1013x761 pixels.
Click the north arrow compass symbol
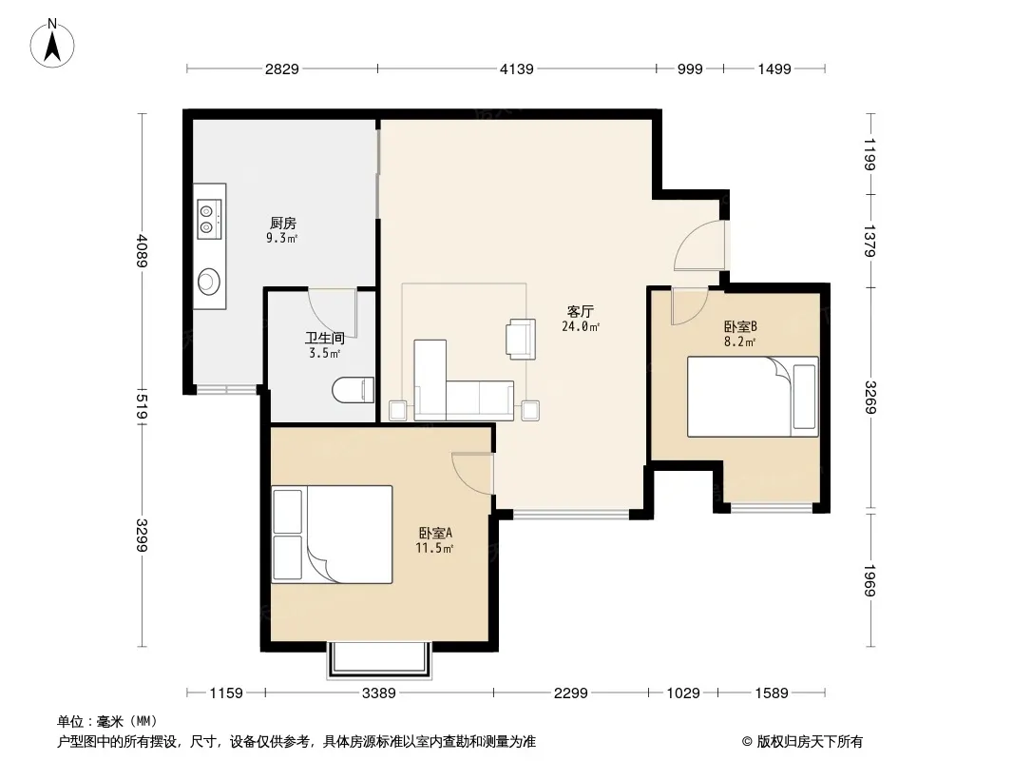[x=52, y=44]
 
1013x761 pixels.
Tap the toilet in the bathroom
[x=353, y=390]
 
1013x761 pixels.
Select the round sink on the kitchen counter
[x=209, y=282]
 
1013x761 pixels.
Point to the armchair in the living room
[x=521, y=339]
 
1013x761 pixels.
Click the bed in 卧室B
[x=753, y=397]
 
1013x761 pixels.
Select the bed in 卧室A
[x=332, y=534]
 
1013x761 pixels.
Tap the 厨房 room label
[x=283, y=223]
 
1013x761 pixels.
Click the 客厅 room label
[x=581, y=312]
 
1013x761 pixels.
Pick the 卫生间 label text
[x=324, y=338]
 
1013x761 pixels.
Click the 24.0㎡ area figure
[x=581, y=326]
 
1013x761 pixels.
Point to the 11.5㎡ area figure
[x=434, y=548]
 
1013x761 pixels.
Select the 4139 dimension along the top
[x=517, y=68]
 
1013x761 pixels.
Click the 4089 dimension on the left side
[x=143, y=250]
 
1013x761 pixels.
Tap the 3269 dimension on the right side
[x=870, y=398]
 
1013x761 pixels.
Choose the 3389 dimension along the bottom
[x=378, y=693]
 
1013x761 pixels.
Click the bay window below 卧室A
[x=379, y=660]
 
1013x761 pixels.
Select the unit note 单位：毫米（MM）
[x=107, y=722]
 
